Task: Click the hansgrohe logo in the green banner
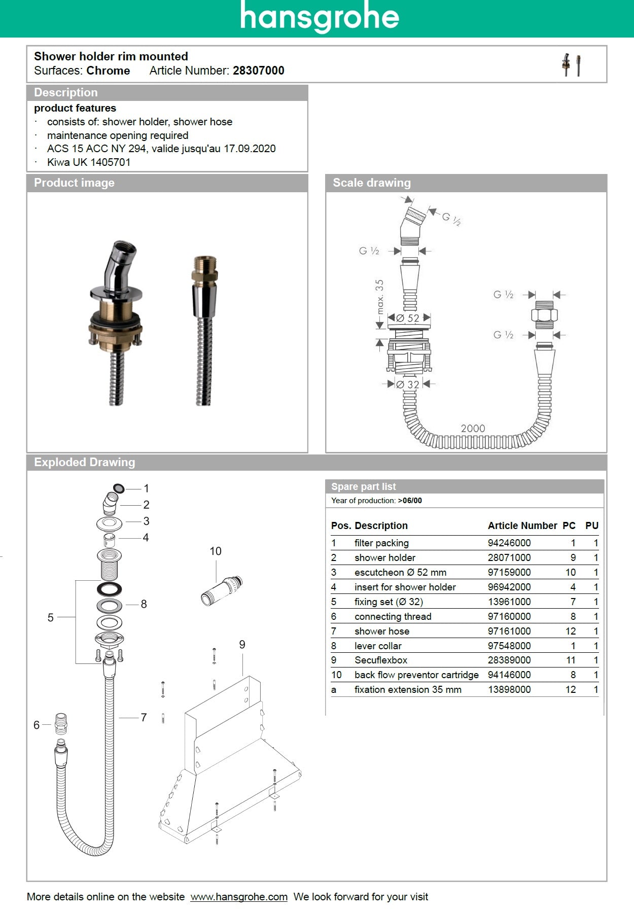pyautogui.click(x=320, y=18)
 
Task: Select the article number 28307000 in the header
pyautogui.click(x=258, y=71)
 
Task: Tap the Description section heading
pyautogui.click(x=66, y=92)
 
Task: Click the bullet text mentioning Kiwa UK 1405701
pyautogui.click(x=89, y=162)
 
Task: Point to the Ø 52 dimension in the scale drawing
pyautogui.click(x=408, y=319)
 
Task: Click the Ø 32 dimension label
pyautogui.click(x=408, y=384)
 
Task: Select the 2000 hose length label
pyautogui.click(x=473, y=428)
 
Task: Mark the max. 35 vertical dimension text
pyautogui.click(x=380, y=297)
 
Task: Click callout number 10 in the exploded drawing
pyautogui.click(x=216, y=551)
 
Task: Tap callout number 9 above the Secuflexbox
pyautogui.click(x=242, y=644)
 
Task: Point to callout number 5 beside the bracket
pyautogui.click(x=50, y=617)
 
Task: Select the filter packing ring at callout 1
pyautogui.click(x=118, y=488)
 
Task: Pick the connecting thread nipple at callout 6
pyautogui.click(x=61, y=724)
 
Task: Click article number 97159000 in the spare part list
pyautogui.click(x=509, y=572)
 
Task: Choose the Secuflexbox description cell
pyautogui.click(x=381, y=660)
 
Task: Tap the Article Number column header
pyautogui.click(x=522, y=525)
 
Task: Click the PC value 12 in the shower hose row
pyautogui.click(x=571, y=631)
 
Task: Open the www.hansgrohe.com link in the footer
pyautogui.click(x=239, y=897)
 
